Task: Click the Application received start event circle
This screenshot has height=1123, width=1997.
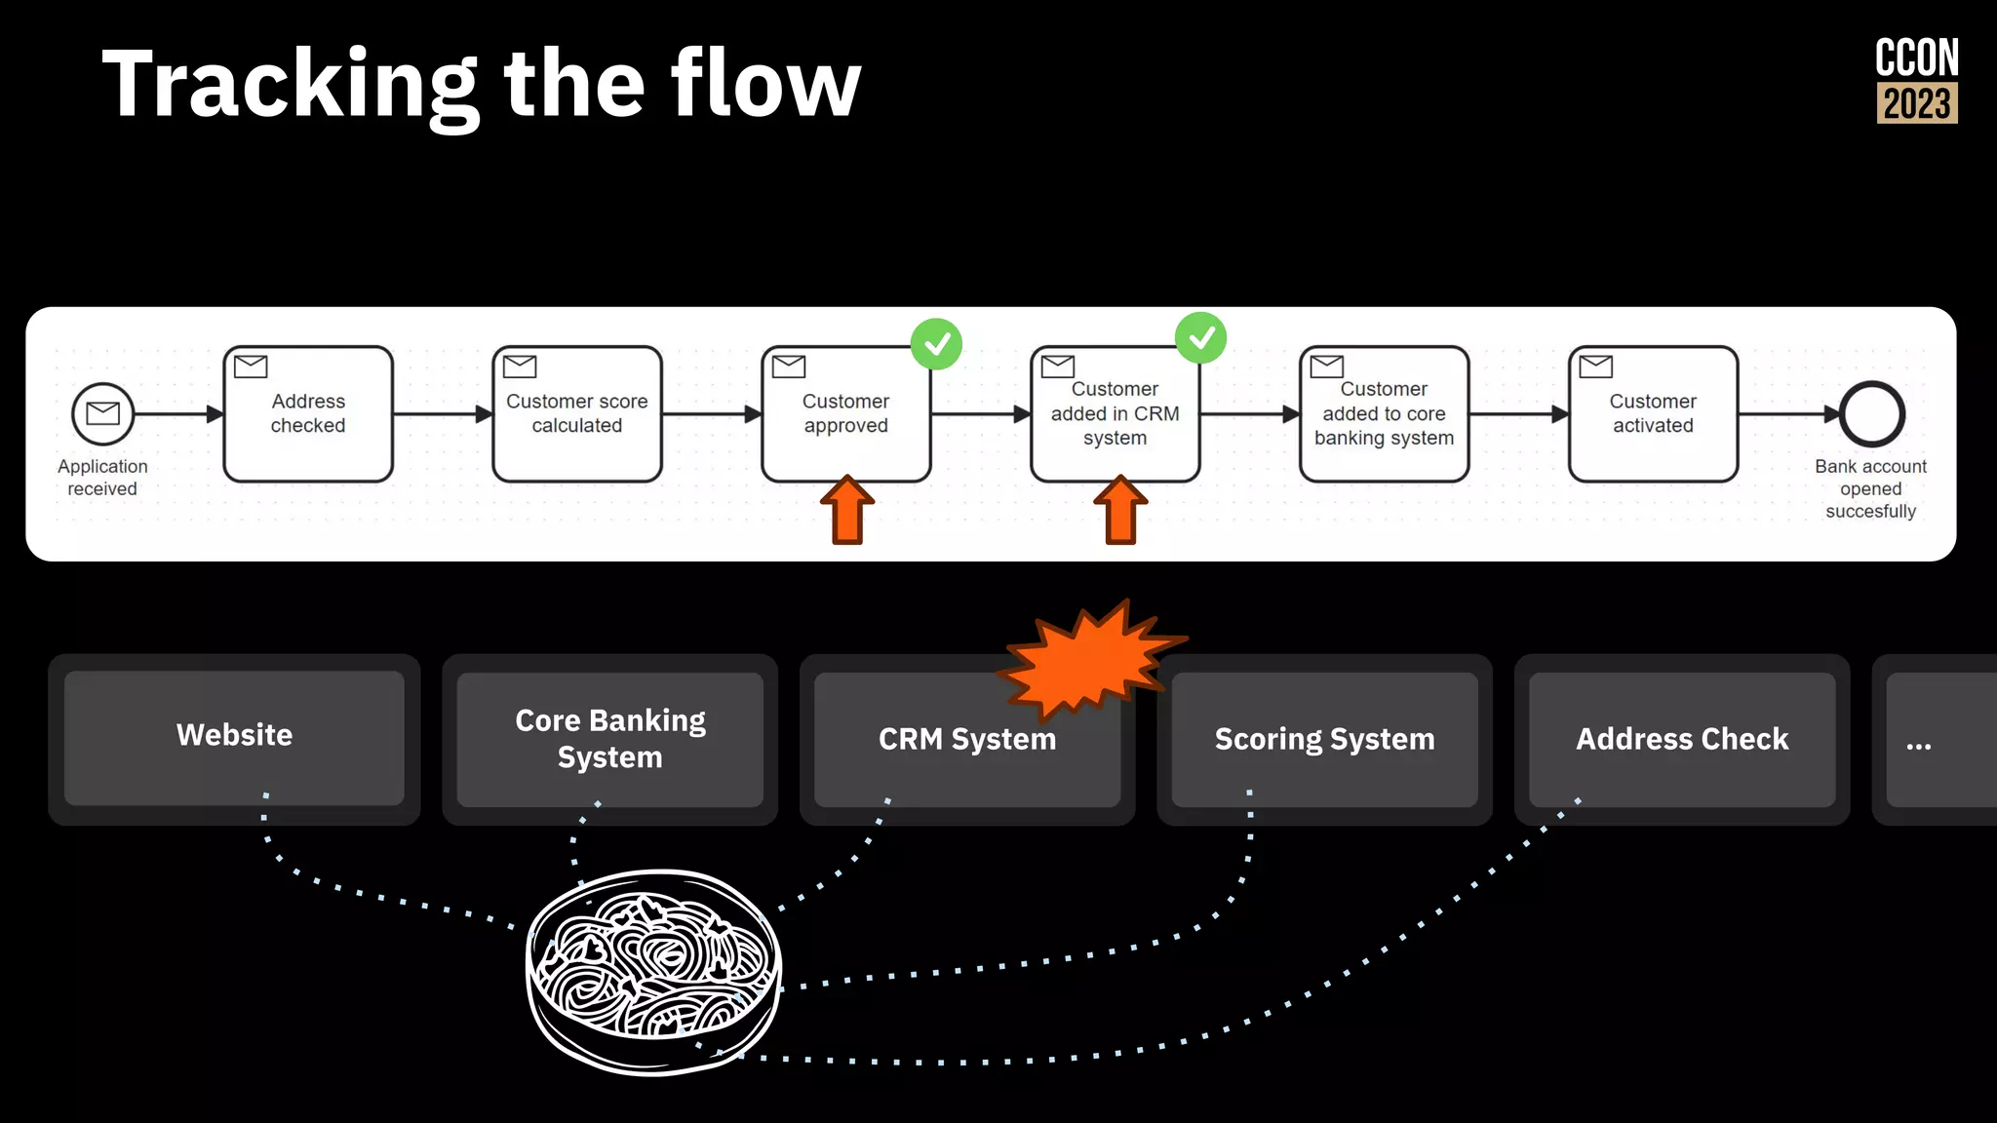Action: coord(102,413)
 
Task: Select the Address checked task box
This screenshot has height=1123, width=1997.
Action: coord(308,414)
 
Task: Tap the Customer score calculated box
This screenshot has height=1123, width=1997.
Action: coord(577,414)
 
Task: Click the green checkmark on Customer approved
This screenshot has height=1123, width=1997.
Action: coord(936,344)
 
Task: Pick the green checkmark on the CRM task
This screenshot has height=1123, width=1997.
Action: coord(1200,338)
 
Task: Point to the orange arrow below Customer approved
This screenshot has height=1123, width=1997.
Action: coord(847,510)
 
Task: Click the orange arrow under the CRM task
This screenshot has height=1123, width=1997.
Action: coord(1120,510)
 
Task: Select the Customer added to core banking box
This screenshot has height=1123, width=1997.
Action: coord(1384,414)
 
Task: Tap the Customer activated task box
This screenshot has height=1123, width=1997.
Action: coord(1653,414)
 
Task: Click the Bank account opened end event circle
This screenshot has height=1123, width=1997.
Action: coord(1871,414)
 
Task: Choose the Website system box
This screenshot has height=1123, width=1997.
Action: coord(234,738)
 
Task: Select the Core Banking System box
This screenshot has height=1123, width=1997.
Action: coord(609,739)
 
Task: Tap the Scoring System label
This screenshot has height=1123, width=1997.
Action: coord(1324,739)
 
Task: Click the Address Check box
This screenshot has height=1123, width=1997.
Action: coord(1682,739)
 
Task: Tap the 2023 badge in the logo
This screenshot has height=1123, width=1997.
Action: coord(1917,103)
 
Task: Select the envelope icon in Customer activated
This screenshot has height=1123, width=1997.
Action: coord(1596,367)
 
